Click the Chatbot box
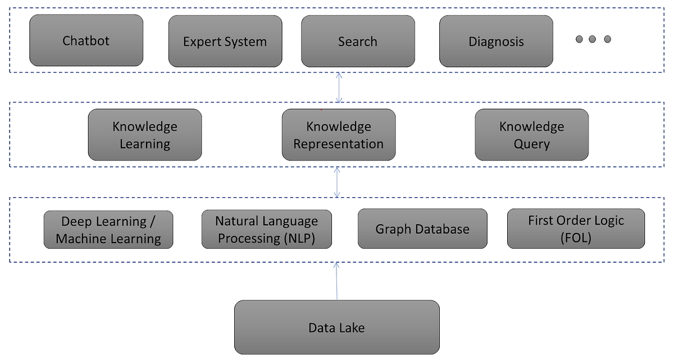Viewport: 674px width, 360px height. (x=86, y=41)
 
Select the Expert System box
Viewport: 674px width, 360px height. (x=225, y=42)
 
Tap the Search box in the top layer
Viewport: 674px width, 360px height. (x=358, y=42)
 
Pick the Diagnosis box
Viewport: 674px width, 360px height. (x=496, y=42)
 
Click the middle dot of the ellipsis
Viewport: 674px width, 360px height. (x=593, y=39)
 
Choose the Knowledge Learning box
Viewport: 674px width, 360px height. (x=145, y=135)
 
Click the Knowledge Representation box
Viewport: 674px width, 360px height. (x=338, y=135)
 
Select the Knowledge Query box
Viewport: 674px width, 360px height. (x=531, y=135)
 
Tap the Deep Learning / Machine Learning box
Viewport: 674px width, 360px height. (x=108, y=230)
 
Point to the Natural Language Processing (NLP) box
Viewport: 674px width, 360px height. (x=267, y=229)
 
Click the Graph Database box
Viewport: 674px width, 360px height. (x=422, y=229)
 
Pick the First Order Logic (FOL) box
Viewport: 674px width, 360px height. (x=576, y=229)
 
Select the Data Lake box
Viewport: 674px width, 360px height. (x=336, y=327)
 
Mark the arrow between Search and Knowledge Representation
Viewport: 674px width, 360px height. (x=339, y=88)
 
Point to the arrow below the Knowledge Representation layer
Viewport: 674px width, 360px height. (x=337, y=182)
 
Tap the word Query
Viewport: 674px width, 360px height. (x=531, y=144)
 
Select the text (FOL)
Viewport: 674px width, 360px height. (x=576, y=238)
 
